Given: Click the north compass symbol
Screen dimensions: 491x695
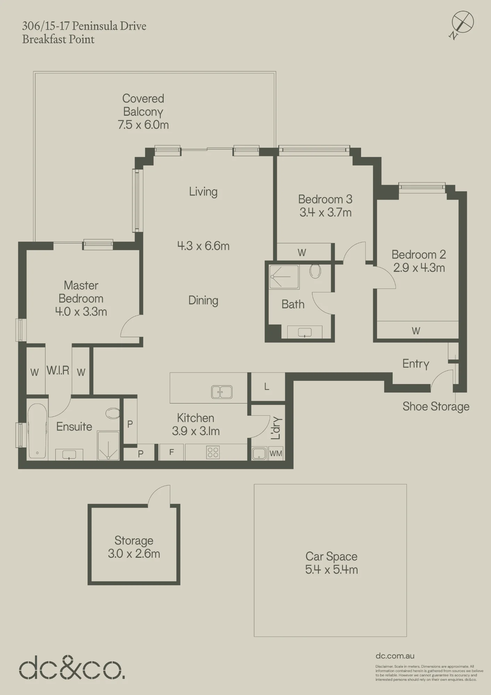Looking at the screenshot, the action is point(462,24).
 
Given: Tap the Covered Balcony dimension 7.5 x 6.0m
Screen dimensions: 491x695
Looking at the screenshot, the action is point(143,125).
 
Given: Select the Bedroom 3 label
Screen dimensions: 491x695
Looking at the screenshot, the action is point(325,199).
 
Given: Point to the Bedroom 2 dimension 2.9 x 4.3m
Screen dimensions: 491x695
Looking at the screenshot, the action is point(419,268).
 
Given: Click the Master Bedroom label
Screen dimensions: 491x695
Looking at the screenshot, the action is point(81,292).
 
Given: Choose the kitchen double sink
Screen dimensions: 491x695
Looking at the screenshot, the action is point(222,392).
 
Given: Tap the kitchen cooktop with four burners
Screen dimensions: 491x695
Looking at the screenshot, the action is point(213,452).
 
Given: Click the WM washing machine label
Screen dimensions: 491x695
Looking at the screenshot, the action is point(276,453).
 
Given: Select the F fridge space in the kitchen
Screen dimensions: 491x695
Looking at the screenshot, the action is point(172,452).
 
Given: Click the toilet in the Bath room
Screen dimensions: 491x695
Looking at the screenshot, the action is point(315,271).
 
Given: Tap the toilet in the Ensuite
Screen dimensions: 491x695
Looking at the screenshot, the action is point(113,413).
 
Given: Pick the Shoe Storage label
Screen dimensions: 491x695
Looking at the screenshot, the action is point(436,406).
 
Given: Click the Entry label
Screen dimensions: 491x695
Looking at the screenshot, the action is point(416,364).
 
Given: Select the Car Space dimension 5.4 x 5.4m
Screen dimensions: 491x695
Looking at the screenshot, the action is point(332,570).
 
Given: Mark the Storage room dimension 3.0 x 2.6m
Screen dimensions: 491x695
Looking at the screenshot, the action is point(134,554).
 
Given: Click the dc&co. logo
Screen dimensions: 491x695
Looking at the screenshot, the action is point(72,668).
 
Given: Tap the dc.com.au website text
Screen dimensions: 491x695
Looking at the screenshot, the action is point(395,656).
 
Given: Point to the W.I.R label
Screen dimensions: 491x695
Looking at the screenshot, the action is point(58,370).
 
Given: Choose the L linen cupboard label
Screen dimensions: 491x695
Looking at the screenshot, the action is point(267,386).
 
